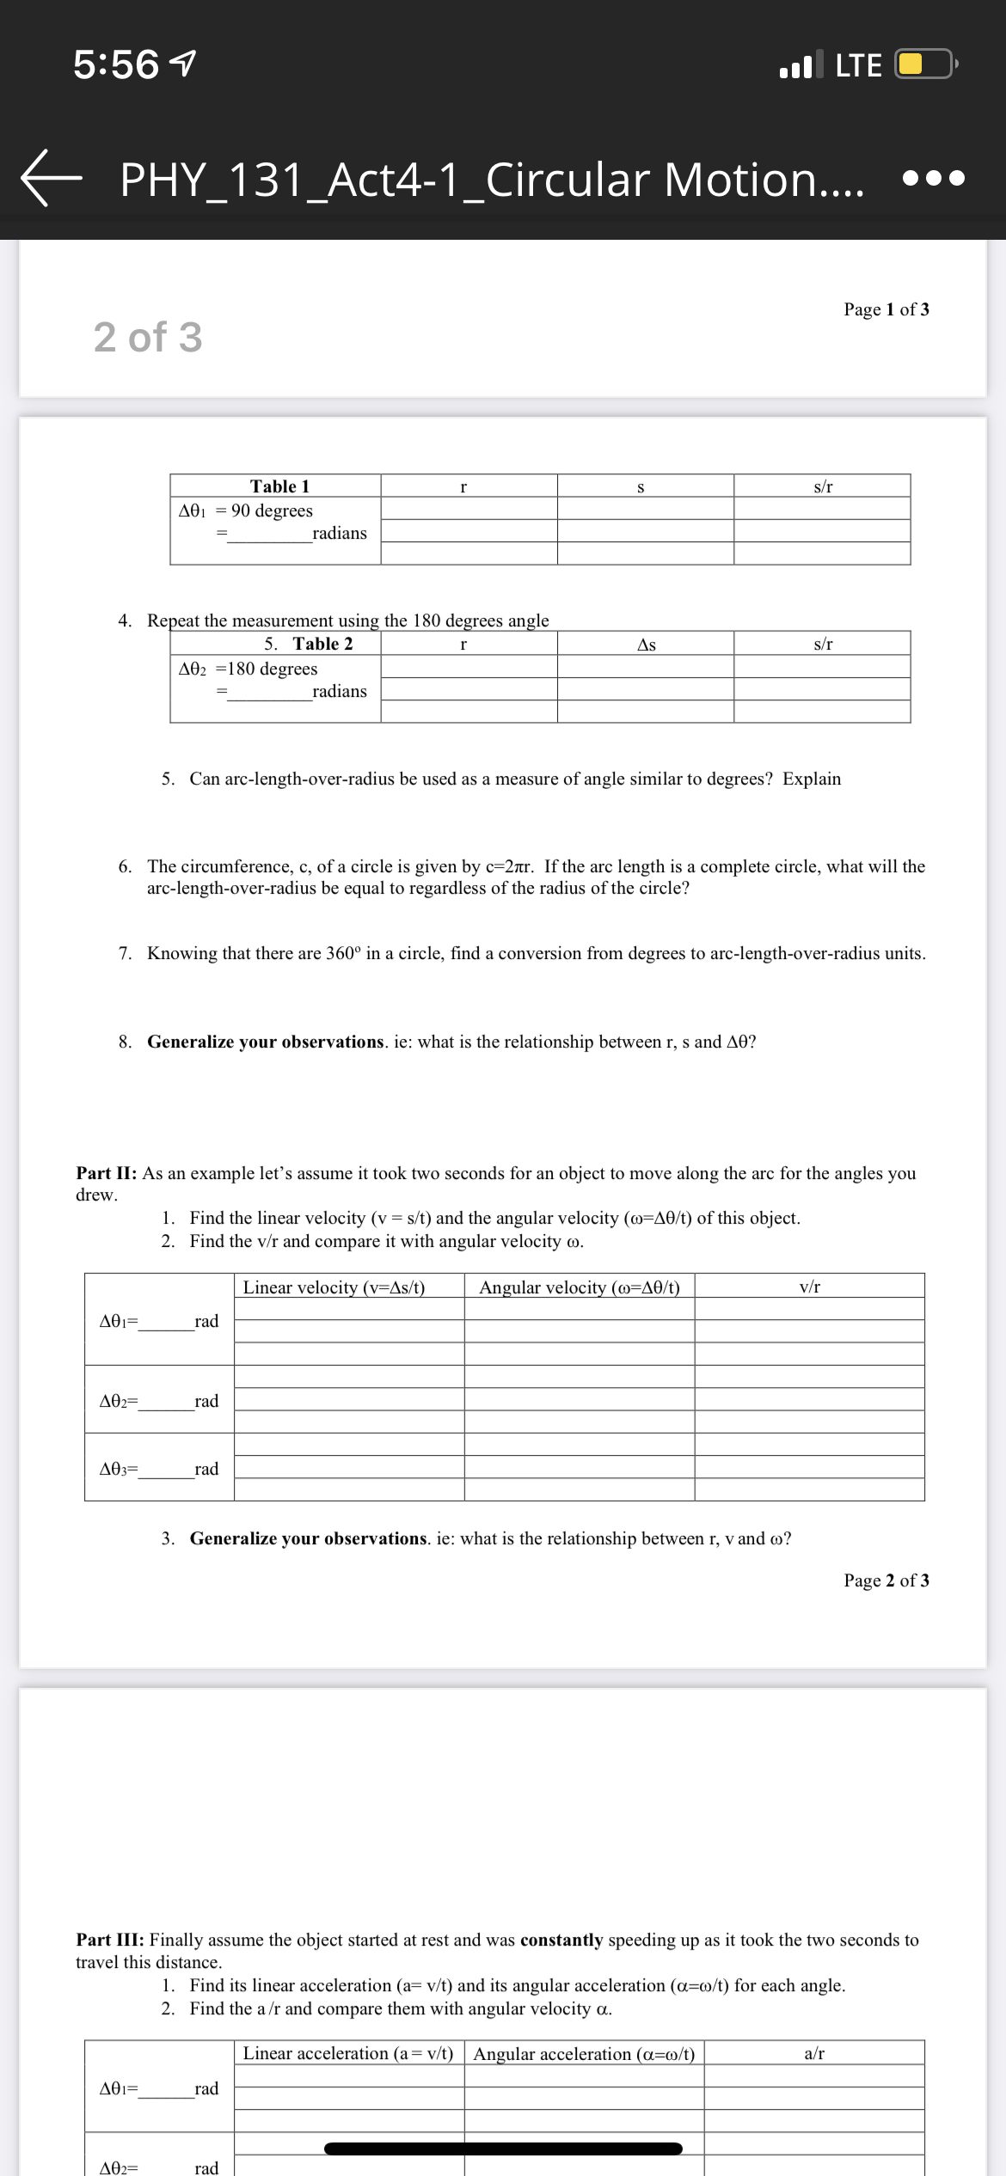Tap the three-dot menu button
[x=934, y=179]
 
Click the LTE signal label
[x=858, y=66]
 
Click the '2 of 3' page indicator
[x=148, y=337]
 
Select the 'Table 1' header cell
[x=279, y=486]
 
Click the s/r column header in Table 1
[x=822, y=486]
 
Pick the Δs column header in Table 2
[x=646, y=645]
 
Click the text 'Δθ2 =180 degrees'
[x=248, y=669]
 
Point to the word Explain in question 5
[x=811, y=779]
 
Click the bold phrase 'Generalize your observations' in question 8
[x=265, y=1042]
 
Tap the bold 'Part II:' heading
[x=107, y=1173]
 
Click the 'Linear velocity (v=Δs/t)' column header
[x=334, y=1287]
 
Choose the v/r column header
[x=809, y=1287]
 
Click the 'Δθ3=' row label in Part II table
[x=120, y=1469]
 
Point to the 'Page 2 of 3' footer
[x=886, y=1580]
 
